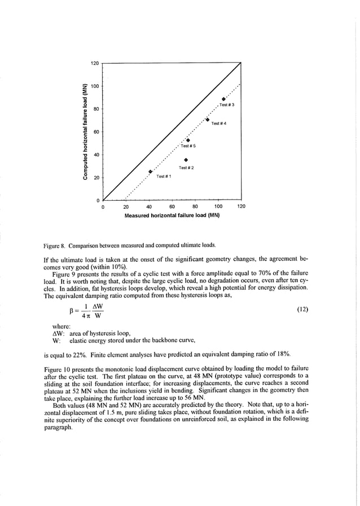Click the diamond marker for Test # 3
pyautogui.click(x=224, y=99)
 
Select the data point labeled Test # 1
pyautogui.click(x=150, y=171)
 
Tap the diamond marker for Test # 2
pyautogui.click(x=186, y=160)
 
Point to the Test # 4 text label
pyautogui.click(x=218, y=124)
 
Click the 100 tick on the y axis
pyautogui.click(x=96, y=86)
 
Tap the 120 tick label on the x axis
pyautogui.click(x=241, y=206)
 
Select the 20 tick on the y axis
pyautogui.click(x=96, y=178)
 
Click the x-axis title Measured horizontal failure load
pyautogui.click(x=172, y=215)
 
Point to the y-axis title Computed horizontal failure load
pyautogui.click(x=85, y=132)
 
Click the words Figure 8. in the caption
pyautogui.click(x=55, y=245)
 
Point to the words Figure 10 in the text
pyautogui.click(x=57, y=368)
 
